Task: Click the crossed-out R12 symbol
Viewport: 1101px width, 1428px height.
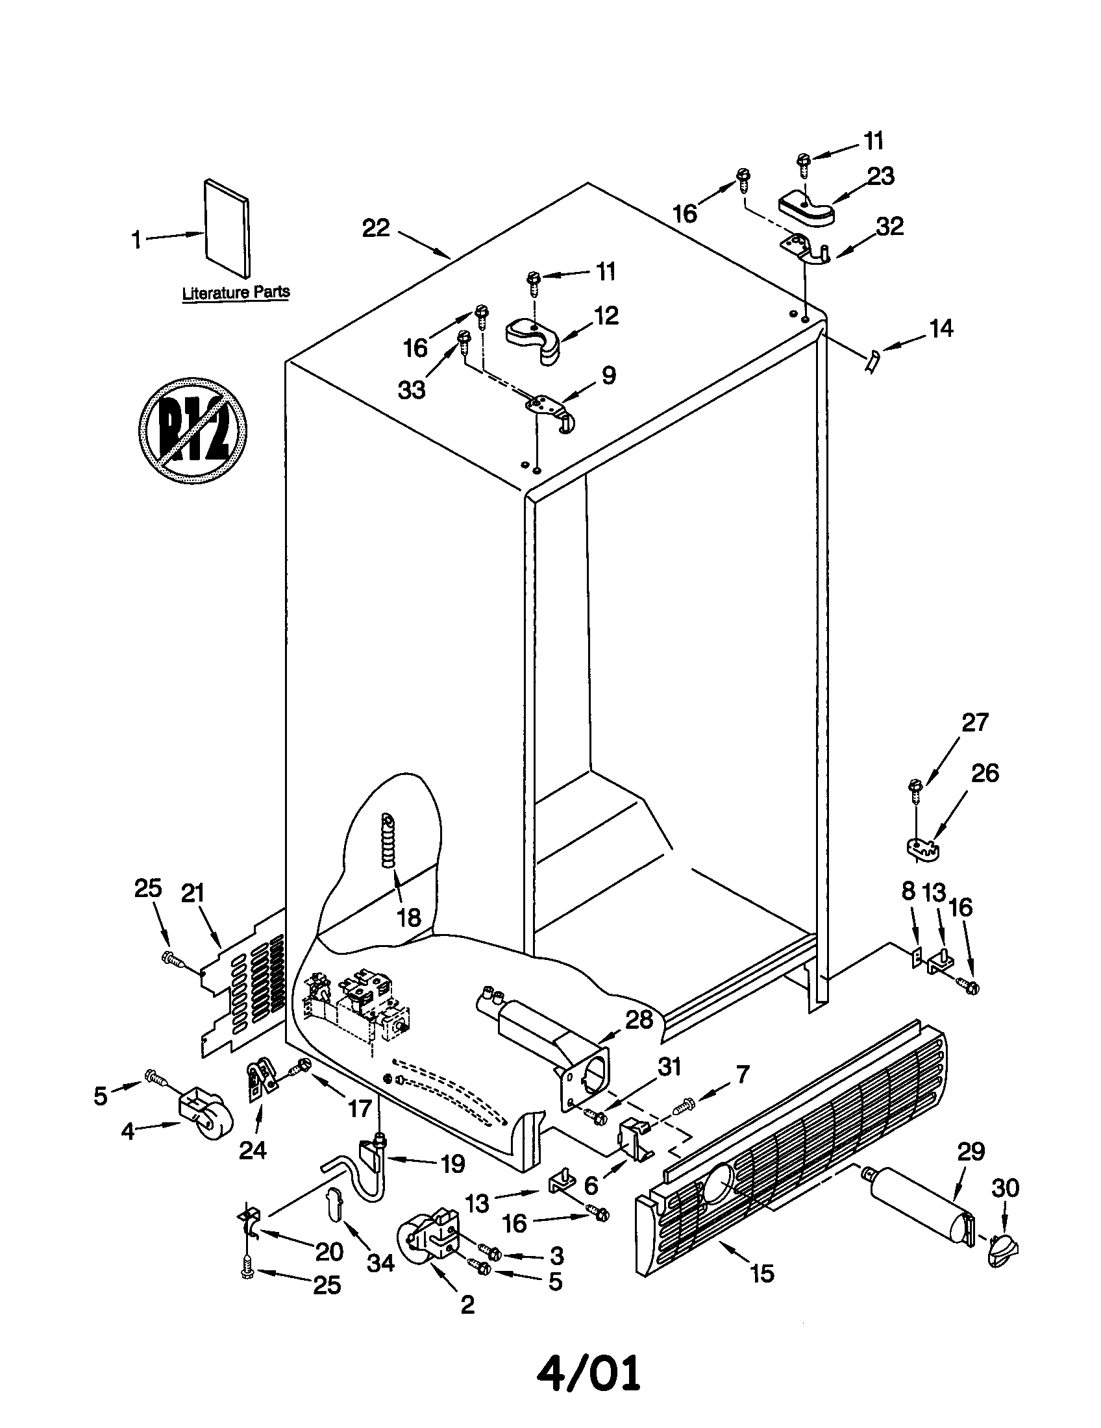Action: click(x=193, y=430)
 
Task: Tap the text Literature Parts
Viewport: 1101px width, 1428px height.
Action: click(x=236, y=292)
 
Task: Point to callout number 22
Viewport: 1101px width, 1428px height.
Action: click(x=376, y=228)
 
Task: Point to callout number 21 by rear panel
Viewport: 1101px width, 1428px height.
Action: click(x=193, y=892)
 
